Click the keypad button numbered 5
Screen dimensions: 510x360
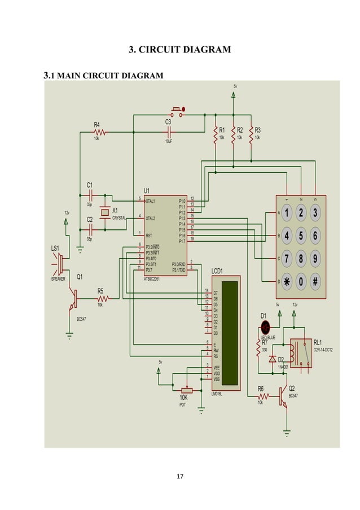301,235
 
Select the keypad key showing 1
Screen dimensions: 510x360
287,213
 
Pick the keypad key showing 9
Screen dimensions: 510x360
315,258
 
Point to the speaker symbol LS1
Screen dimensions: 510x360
59,263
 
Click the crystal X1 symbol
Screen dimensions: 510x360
104,212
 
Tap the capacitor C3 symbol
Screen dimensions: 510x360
169,132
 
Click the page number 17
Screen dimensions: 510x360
180,478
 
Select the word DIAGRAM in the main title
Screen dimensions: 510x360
203,50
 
